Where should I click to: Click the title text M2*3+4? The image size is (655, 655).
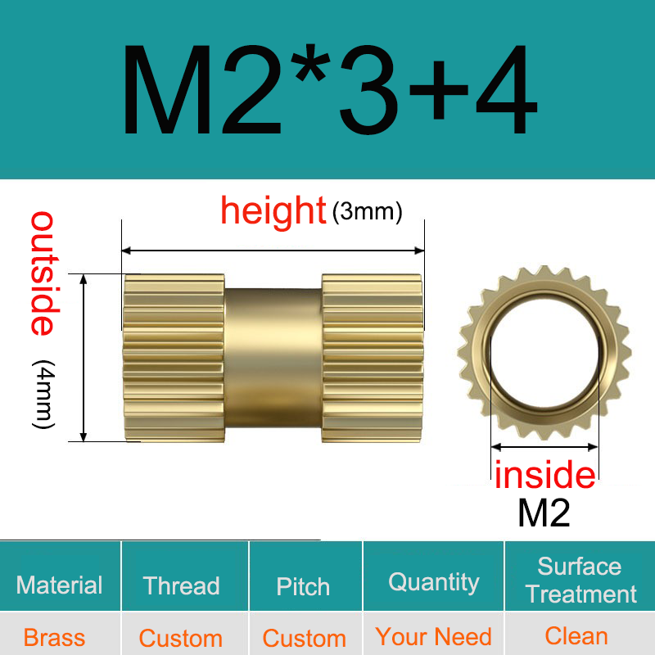point(328,91)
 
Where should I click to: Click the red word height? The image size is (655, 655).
point(273,211)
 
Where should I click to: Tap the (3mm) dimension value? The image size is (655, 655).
point(368,212)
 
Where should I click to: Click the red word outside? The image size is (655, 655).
point(43,273)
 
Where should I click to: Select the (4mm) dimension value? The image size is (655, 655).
point(43,394)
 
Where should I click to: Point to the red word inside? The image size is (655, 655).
point(544,475)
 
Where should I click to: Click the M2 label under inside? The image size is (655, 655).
point(544,513)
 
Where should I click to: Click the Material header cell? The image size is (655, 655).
point(60,585)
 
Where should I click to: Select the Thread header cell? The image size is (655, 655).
point(181,585)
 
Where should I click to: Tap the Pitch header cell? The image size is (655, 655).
point(303,586)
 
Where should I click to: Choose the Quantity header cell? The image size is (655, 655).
point(433,582)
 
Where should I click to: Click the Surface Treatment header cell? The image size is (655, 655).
point(580,580)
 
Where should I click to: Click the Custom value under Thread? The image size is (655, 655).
point(180,638)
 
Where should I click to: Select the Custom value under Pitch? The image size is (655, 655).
point(304,638)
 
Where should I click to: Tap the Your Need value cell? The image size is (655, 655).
point(433,636)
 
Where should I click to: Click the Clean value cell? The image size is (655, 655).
point(576,636)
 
